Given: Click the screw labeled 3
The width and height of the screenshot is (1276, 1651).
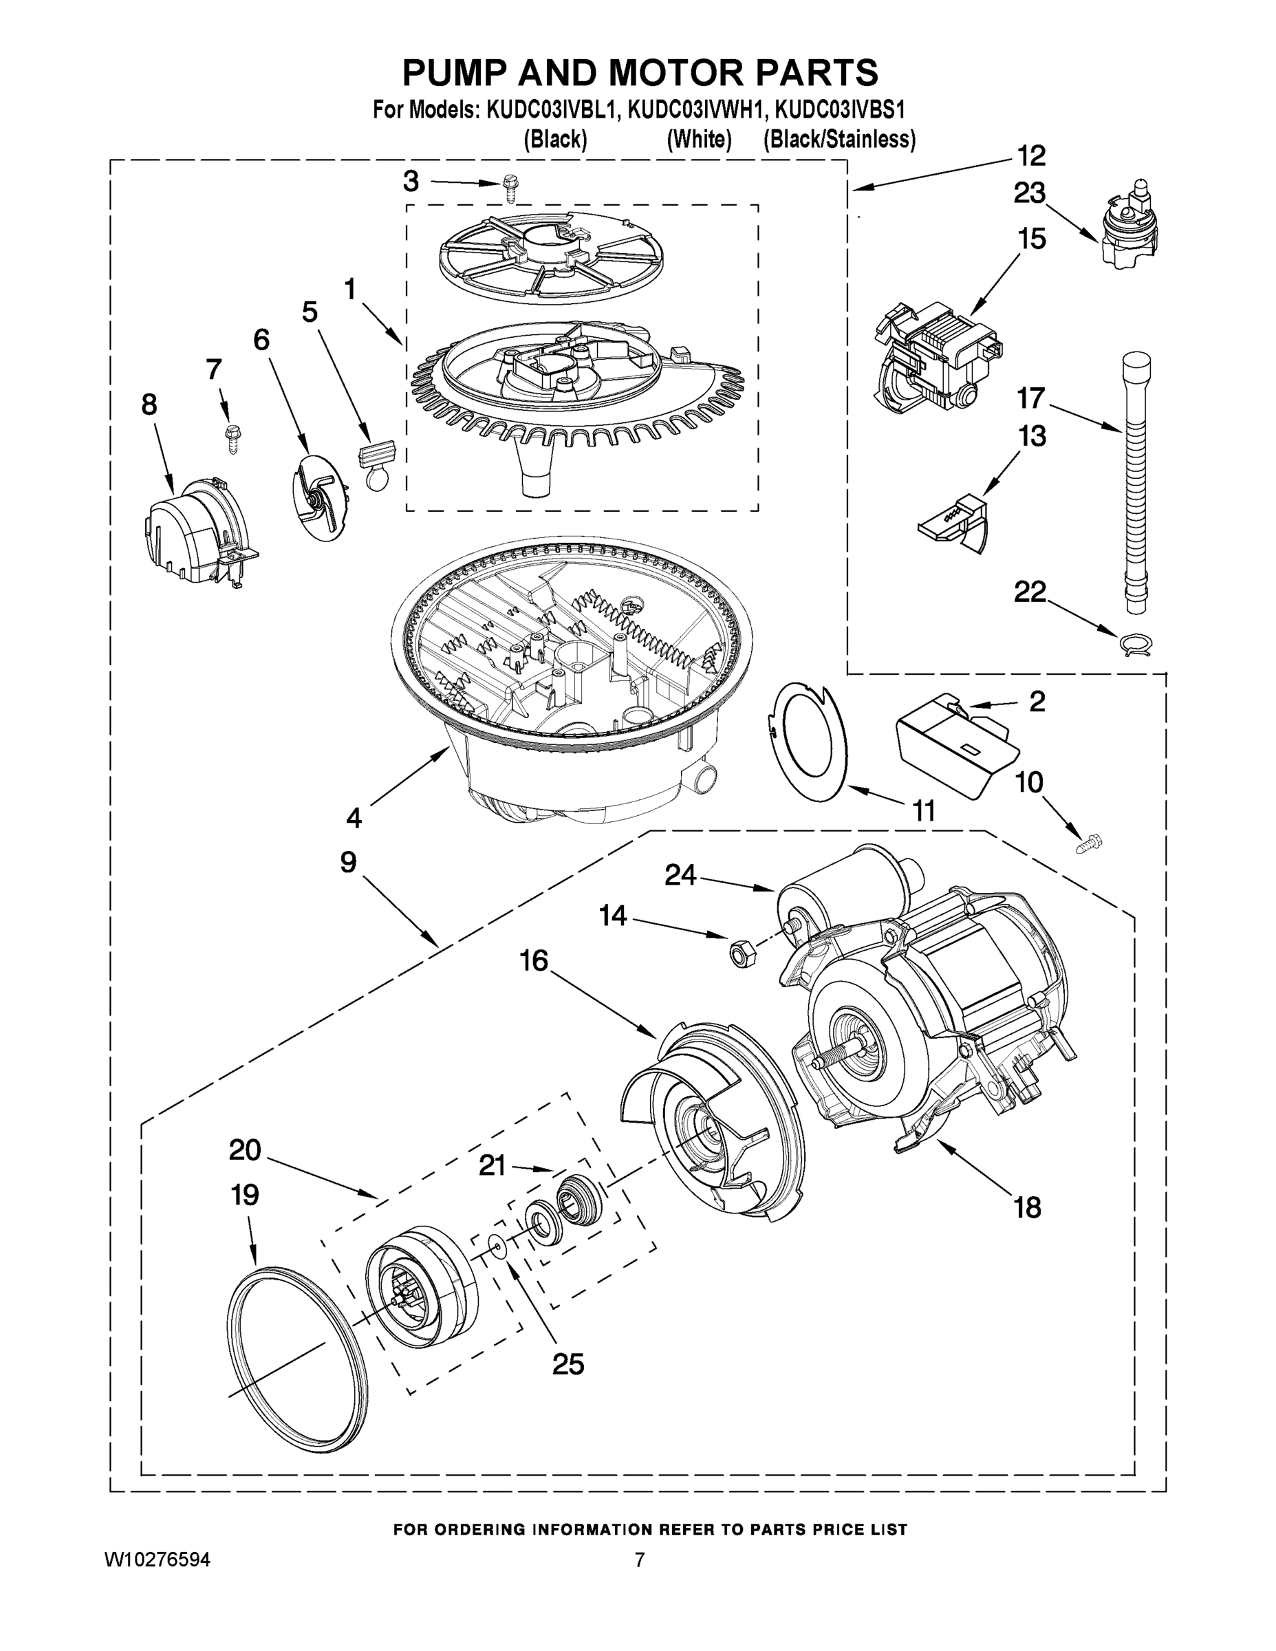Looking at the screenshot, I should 511,188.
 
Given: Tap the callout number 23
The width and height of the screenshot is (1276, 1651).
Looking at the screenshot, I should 1030,194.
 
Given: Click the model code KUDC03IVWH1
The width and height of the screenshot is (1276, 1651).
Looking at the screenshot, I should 696,110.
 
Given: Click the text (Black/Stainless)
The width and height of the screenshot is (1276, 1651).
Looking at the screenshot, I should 839,140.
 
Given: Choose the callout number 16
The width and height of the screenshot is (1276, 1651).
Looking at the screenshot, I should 534,961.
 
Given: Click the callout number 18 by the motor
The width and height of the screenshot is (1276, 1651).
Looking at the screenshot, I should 1027,1207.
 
